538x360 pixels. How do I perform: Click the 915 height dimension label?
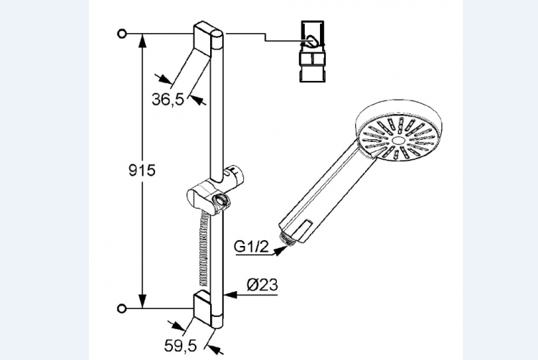click(142, 171)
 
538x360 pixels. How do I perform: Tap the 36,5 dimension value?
click(168, 100)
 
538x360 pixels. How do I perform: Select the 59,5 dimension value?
click(181, 346)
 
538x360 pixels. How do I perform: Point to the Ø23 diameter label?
click(263, 285)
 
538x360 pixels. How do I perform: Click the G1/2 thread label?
click(252, 247)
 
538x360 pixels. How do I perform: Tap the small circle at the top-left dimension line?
click(122, 34)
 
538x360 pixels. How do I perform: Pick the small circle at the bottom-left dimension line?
click(122, 308)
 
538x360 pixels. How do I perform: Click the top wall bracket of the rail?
click(203, 39)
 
